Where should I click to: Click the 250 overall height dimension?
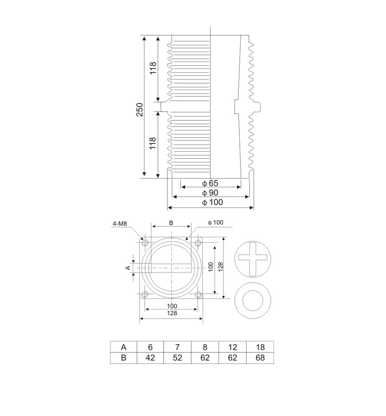coord(139,110)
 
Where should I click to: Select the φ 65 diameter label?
coord(210,183)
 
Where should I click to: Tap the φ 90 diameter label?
coord(210,193)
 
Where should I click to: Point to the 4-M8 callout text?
coord(120,224)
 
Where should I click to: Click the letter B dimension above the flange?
coord(171,223)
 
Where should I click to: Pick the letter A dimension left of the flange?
coord(128,268)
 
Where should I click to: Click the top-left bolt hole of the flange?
coord(145,243)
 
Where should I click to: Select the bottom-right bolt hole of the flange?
coord(198,294)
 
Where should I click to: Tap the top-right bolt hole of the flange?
coord(198,243)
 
